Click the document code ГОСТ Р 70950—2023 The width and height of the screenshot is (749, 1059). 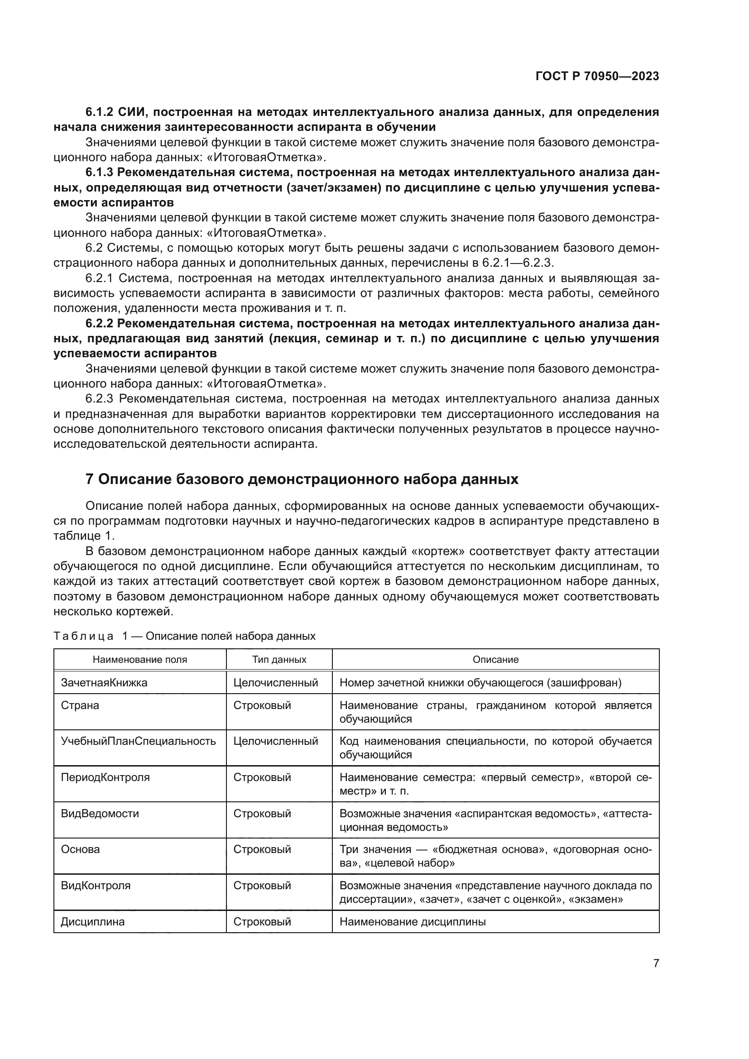[x=597, y=77]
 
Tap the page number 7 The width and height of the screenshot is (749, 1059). [x=656, y=963]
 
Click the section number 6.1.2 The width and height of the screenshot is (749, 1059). [x=100, y=112]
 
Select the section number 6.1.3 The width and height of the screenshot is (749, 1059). [x=100, y=173]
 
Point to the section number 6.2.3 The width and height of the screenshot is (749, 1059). [x=100, y=399]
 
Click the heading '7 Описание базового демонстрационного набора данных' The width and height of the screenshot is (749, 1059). [x=302, y=479]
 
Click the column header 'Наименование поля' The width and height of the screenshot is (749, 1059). [x=140, y=660]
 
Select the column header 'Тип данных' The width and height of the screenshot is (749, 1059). [x=279, y=660]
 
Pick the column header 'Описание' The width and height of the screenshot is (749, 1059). [x=495, y=660]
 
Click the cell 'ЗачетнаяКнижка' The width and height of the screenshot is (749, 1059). [x=104, y=683]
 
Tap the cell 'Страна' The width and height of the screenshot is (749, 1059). [x=80, y=705]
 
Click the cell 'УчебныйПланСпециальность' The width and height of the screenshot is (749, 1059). [x=139, y=741]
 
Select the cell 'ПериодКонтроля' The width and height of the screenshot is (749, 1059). [x=105, y=777]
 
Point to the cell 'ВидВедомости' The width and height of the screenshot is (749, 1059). [x=100, y=813]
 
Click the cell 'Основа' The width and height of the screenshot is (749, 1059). [x=80, y=849]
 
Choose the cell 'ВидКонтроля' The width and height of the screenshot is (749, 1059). [x=96, y=885]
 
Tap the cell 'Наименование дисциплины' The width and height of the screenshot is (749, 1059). [x=413, y=921]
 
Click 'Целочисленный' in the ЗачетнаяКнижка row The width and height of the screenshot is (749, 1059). [x=275, y=683]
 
